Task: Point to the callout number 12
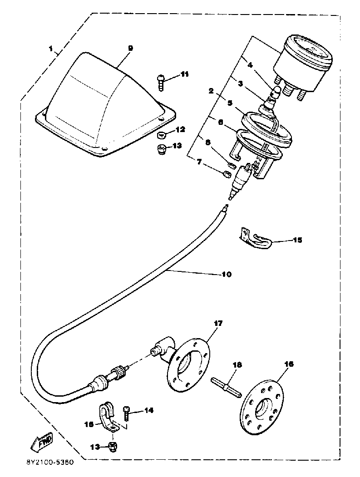(181, 130)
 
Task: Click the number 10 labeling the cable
(226, 274)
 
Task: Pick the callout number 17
(218, 324)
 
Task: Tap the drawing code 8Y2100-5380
(47, 464)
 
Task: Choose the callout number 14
(149, 410)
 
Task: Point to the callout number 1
(51, 48)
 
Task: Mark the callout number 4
(249, 64)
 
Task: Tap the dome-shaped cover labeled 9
(104, 104)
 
